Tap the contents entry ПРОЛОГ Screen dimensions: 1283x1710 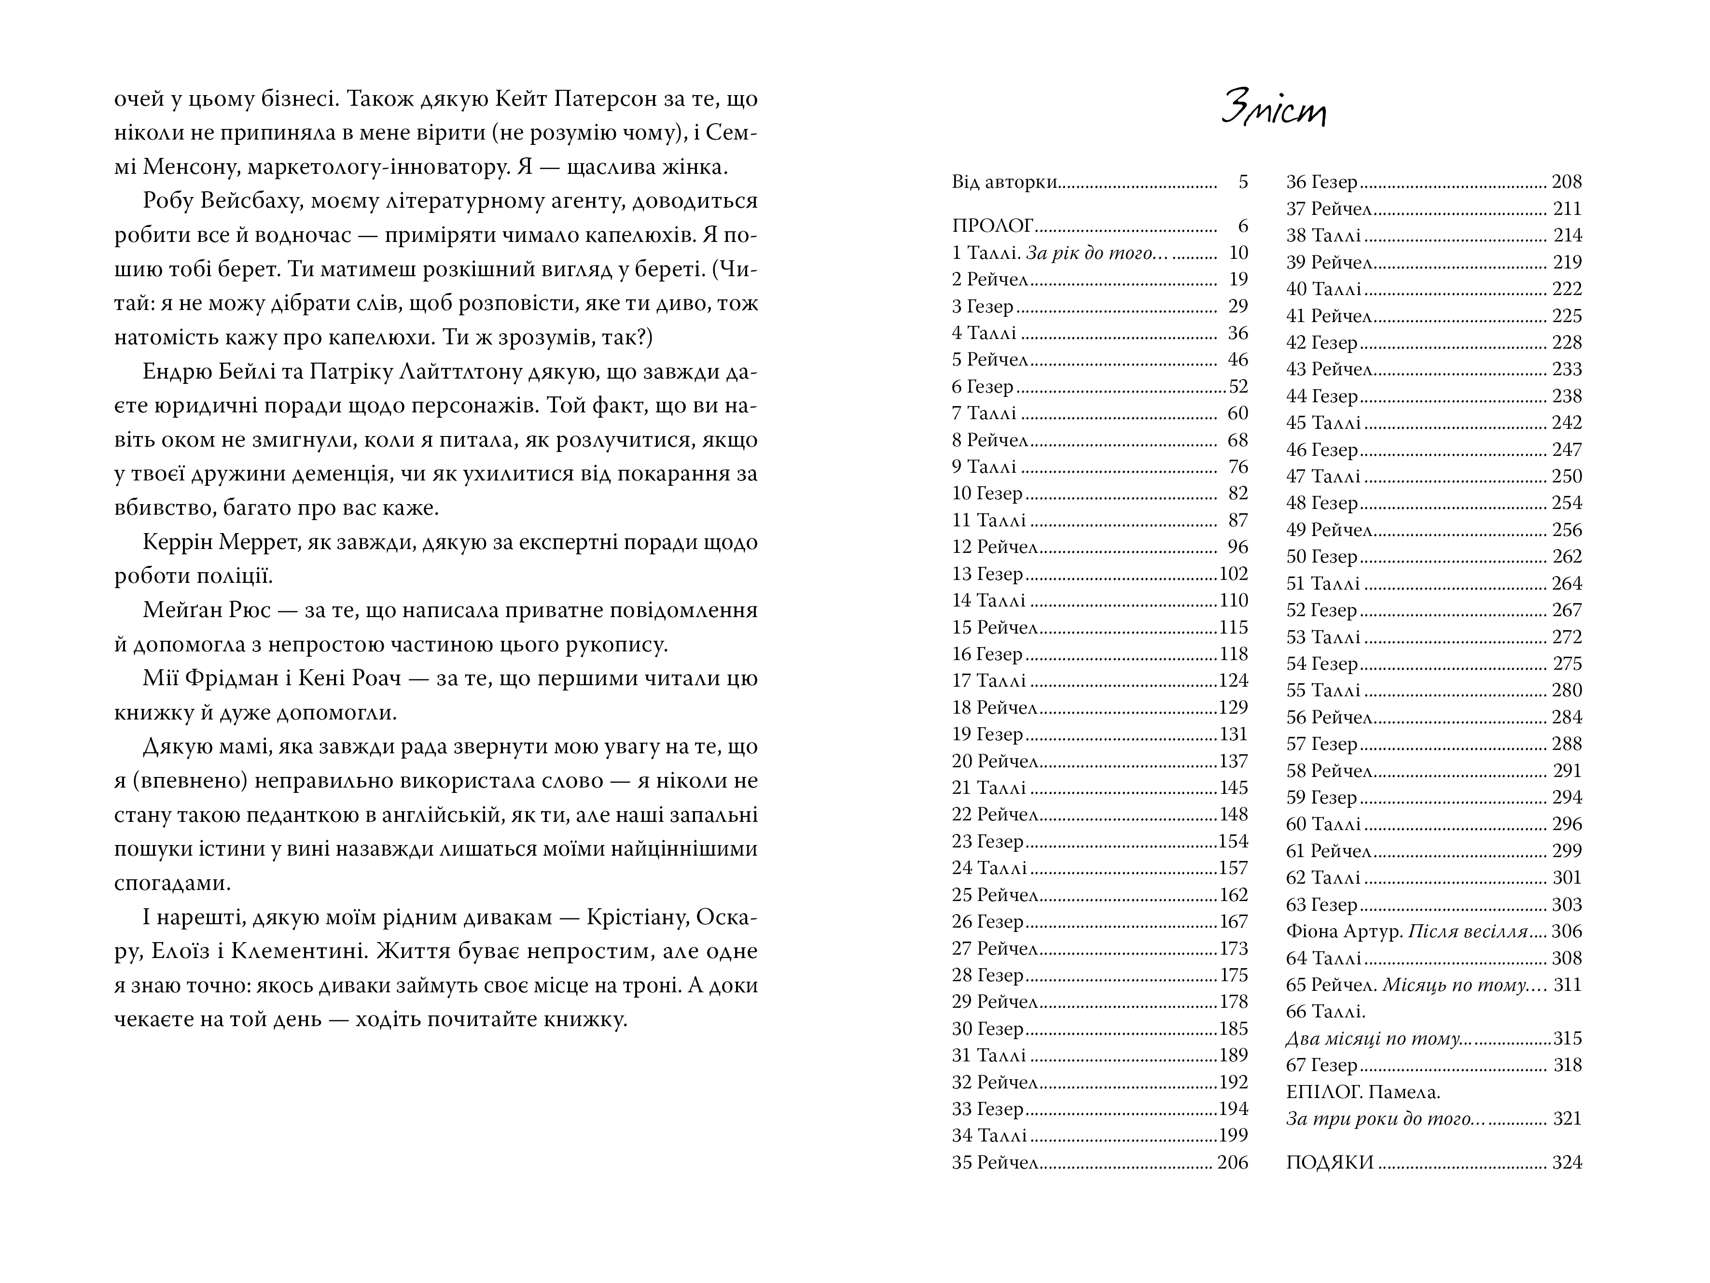[993, 226]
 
